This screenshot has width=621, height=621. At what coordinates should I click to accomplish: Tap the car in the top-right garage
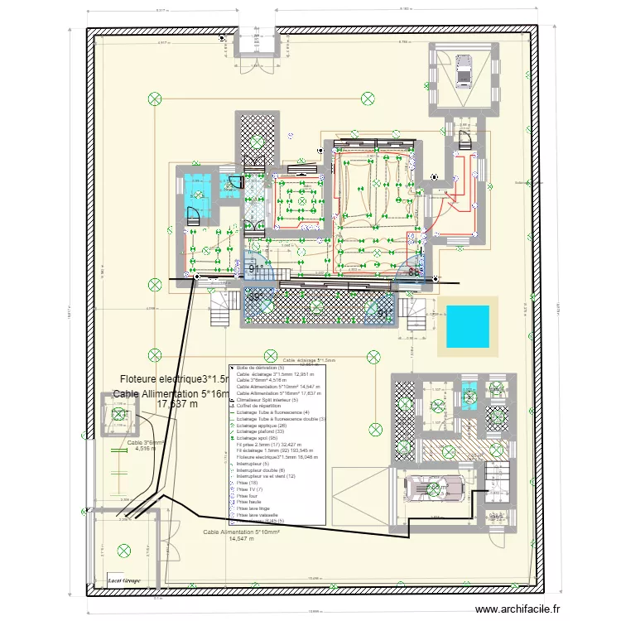click(x=462, y=70)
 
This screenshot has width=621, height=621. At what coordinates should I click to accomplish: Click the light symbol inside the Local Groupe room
click(x=124, y=548)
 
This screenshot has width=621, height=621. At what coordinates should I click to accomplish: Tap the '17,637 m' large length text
click(x=178, y=405)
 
